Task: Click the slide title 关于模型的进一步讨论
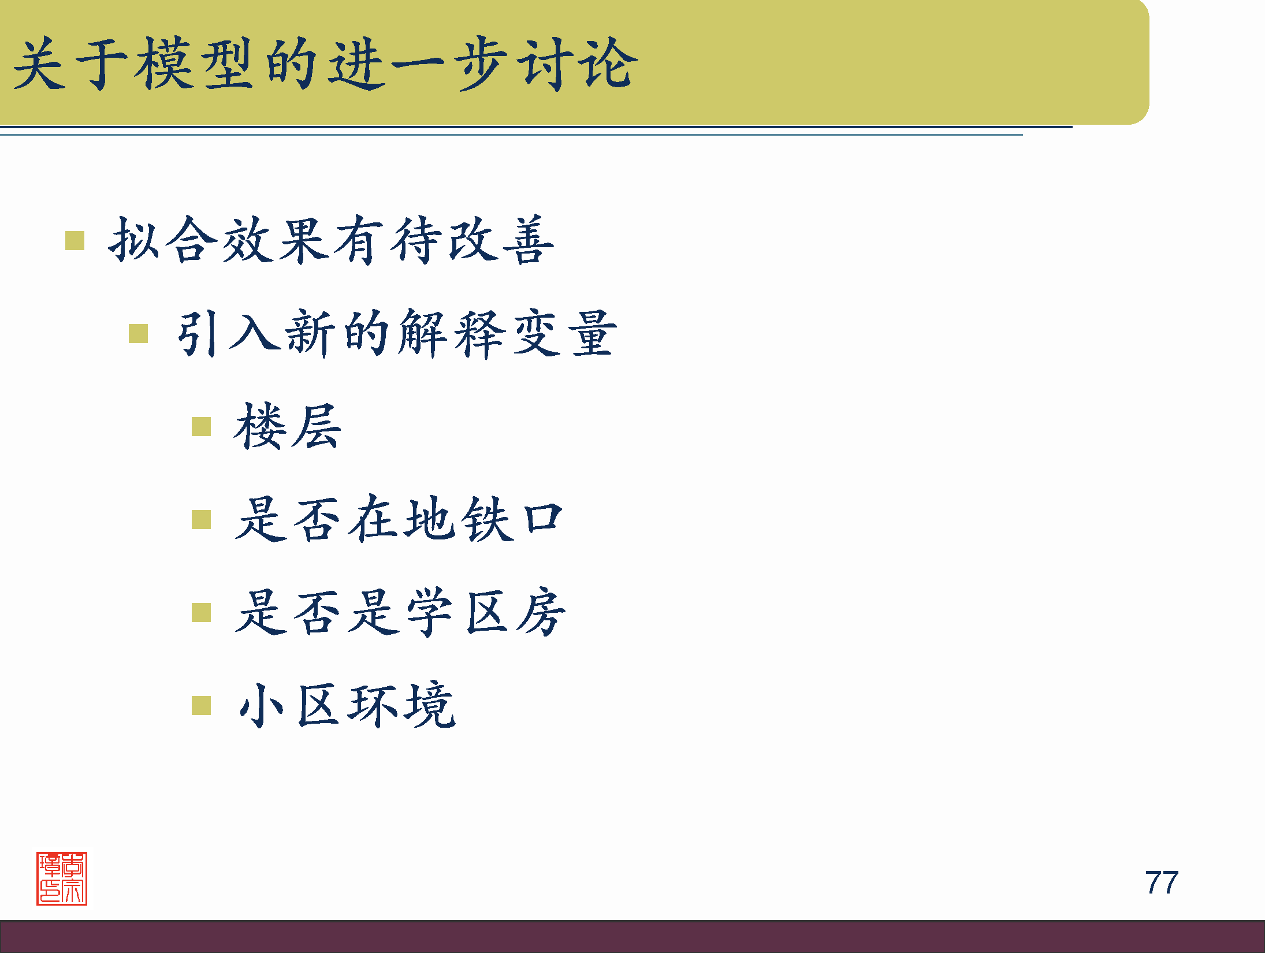325,64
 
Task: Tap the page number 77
1161,883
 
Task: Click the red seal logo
62,878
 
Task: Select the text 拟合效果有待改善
331,240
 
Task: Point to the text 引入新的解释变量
396,333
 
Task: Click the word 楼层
288,427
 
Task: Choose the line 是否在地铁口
399,520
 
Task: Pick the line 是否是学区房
400,613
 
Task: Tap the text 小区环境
347,705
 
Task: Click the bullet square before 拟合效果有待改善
75,241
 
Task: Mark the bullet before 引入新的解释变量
139,333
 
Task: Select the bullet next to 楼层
201,427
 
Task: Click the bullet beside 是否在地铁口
201,520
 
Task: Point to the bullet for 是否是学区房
201,613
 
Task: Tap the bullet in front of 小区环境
201,705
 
